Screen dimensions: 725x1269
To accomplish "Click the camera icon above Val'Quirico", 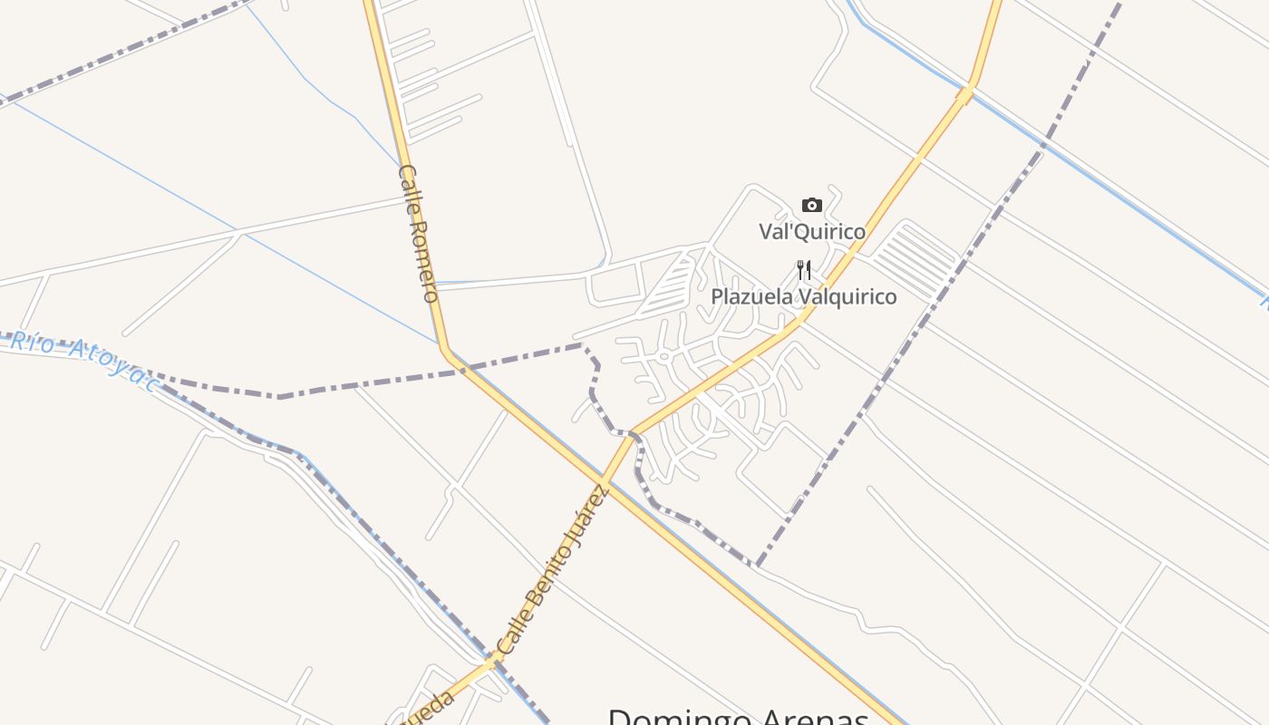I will click(812, 205).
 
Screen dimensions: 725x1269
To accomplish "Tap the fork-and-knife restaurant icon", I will click(804, 270).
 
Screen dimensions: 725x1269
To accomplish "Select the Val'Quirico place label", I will click(812, 232).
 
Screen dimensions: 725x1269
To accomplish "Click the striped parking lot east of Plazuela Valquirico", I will click(915, 261).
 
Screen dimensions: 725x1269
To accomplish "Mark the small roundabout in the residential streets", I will click(664, 356).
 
